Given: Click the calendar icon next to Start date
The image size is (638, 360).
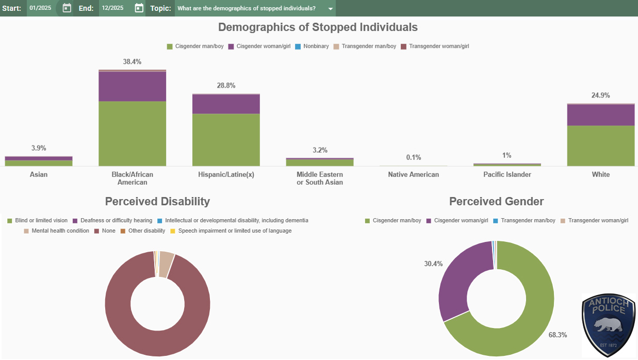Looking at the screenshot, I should click(x=67, y=8).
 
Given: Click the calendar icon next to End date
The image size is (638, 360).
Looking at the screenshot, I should click(x=139, y=8).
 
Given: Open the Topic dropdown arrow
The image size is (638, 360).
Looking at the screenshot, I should click(x=331, y=9).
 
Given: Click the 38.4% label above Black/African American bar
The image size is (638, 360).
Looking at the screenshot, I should click(x=132, y=62).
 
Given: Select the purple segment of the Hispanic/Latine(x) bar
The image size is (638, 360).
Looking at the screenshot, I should click(x=226, y=104).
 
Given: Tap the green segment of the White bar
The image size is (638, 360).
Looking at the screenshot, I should click(x=600, y=145).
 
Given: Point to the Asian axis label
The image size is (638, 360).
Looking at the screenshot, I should click(x=39, y=174).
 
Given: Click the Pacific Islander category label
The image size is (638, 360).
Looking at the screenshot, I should click(x=507, y=174).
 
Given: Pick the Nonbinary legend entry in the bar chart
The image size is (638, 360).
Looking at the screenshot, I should click(x=316, y=46).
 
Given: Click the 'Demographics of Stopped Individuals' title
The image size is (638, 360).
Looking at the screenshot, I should click(x=318, y=27).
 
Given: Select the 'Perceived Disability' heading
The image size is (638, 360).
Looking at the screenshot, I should click(x=157, y=201).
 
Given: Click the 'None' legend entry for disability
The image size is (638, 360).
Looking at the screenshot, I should click(x=108, y=231).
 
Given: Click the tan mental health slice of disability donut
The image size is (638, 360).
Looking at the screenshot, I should click(x=166, y=257).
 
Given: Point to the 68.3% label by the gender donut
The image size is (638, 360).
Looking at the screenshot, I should click(x=558, y=335).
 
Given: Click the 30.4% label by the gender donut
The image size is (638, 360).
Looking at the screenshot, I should click(x=433, y=264).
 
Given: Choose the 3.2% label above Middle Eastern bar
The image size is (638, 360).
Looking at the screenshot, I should click(x=320, y=150).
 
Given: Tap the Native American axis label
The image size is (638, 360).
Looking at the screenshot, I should click(x=414, y=174).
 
